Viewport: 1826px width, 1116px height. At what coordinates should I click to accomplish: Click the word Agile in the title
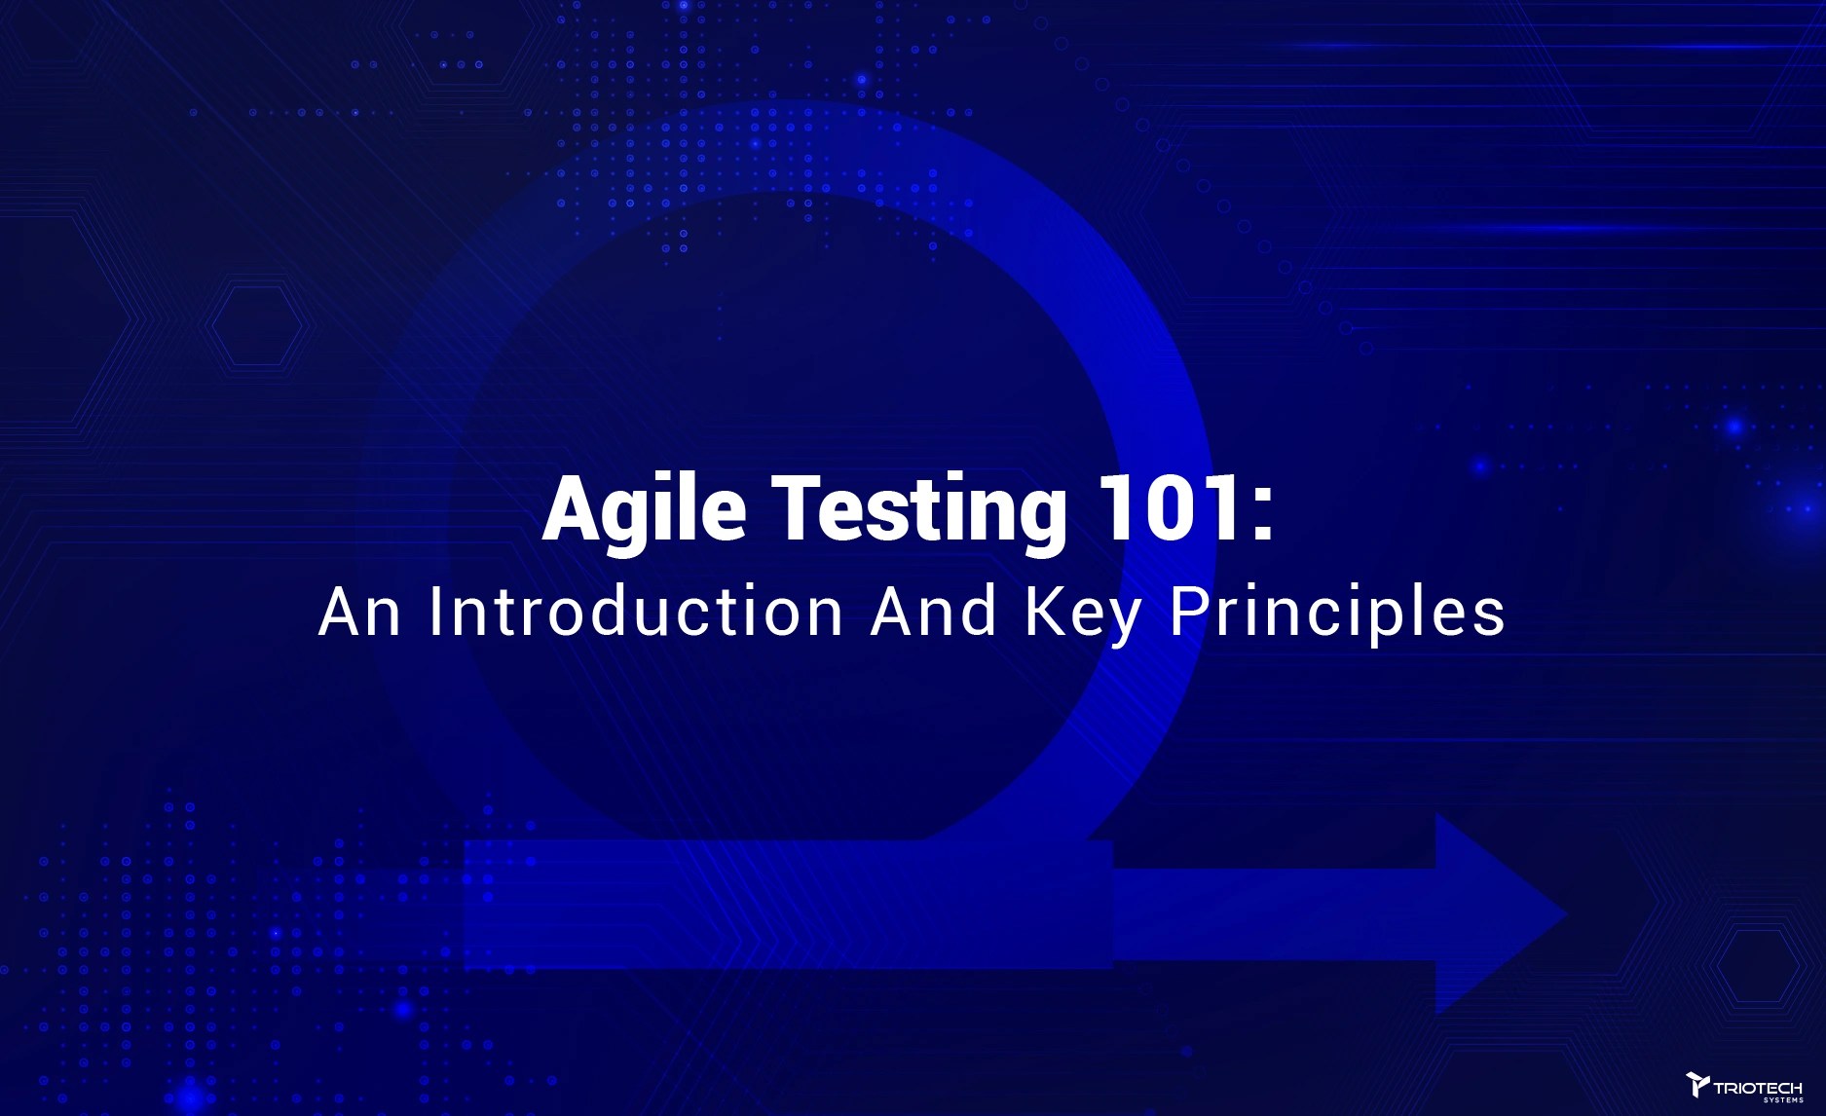(645, 509)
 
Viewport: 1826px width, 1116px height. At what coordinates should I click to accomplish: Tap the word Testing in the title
(919, 509)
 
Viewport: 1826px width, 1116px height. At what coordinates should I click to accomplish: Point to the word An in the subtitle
(359, 613)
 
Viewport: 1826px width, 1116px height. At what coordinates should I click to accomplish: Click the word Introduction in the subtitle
(636, 613)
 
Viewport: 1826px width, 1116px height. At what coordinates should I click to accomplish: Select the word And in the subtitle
(934, 613)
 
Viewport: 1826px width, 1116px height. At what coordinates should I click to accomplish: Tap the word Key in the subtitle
(1082, 614)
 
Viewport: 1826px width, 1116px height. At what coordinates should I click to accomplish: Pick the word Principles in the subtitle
(1337, 614)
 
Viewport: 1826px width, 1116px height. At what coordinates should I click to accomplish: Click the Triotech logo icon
(1697, 1084)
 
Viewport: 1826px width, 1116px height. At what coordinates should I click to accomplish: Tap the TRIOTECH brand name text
(1758, 1088)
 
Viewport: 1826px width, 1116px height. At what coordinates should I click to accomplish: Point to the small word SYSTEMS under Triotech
(1783, 1100)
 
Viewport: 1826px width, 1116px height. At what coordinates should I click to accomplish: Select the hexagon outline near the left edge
(256, 325)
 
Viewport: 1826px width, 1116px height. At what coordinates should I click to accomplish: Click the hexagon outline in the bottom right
(1758, 965)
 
